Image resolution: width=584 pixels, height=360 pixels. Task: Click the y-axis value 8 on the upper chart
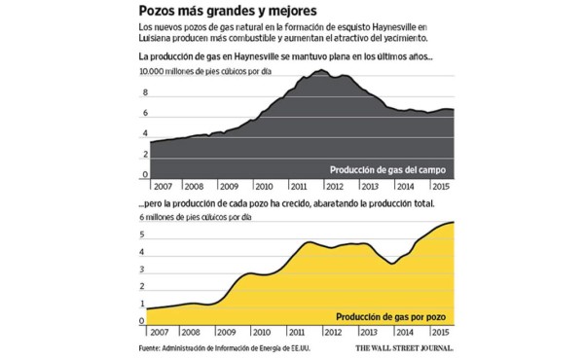point(145,92)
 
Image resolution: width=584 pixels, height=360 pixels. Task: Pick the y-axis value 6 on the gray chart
point(145,114)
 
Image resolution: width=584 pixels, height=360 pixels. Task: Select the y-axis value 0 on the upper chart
point(145,174)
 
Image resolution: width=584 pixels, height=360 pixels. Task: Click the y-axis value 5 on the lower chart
point(143,234)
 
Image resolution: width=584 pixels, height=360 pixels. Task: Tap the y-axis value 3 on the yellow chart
point(143,273)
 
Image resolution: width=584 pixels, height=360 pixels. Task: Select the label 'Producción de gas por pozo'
point(394,317)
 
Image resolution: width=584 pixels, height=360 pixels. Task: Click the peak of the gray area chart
point(323,71)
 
